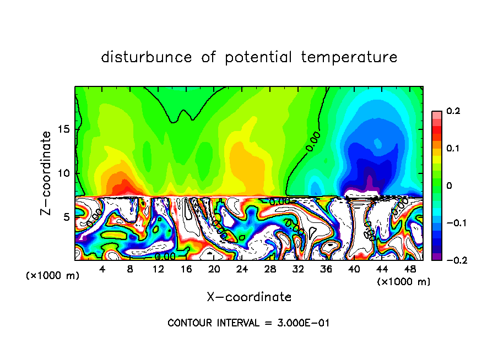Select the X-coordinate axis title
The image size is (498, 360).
[x=249, y=297]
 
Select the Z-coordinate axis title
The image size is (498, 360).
[x=47, y=173]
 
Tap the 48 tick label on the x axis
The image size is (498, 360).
[x=409, y=269]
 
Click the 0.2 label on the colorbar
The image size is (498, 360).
[x=453, y=111]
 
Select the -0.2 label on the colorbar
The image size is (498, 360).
[x=451, y=260]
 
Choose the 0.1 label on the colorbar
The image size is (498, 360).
[x=453, y=149]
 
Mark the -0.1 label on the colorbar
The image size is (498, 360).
[x=451, y=223]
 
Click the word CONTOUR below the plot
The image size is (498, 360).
[x=188, y=323]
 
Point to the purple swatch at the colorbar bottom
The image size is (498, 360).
[x=436, y=257]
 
